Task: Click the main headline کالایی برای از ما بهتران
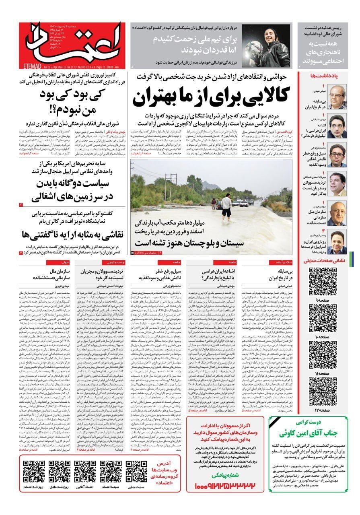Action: point(211,95)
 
